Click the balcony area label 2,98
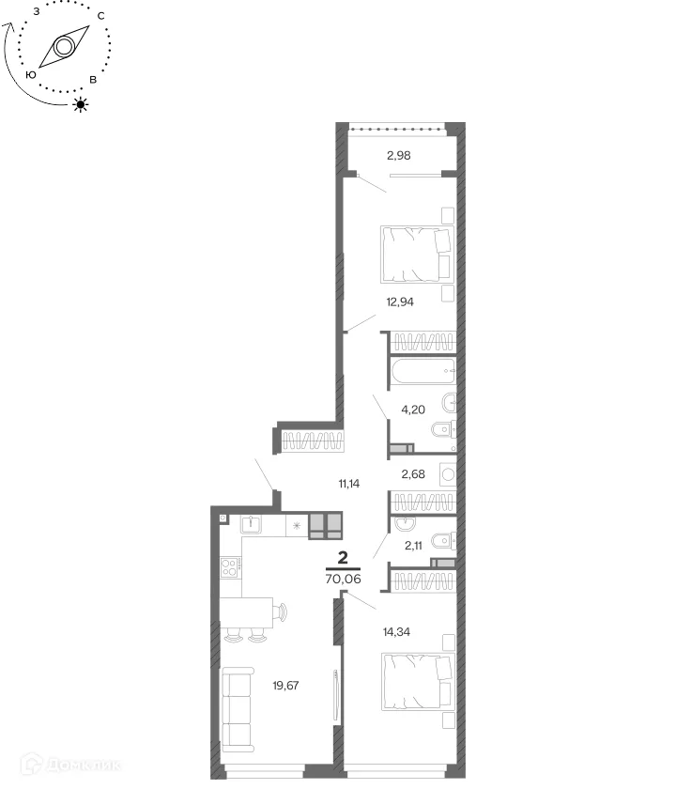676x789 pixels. tap(398, 156)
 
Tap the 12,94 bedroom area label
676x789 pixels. tap(400, 302)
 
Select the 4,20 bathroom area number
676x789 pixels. tap(413, 410)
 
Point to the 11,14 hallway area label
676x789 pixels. tap(349, 484)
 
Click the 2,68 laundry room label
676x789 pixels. tap(413, 474)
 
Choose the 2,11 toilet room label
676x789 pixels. tap(413, 546)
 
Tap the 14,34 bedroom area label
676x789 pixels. tap(396, 632)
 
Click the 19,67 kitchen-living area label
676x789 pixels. tap(285, 686)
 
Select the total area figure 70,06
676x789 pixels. tap(343, 580)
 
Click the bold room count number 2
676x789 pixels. tap(343, 558)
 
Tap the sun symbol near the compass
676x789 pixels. tap(81, 104)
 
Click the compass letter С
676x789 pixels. tap(101, 16)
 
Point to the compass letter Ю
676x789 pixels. tap(31, 75)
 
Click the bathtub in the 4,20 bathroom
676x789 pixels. tap(423, 371)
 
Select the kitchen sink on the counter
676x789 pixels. tap(250, 524)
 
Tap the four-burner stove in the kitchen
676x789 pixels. tap(229, 567)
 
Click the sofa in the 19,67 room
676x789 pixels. tap(237, 710)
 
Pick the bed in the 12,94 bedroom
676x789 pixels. tap(417, 255)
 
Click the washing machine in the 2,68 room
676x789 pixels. tap(448, 474)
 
